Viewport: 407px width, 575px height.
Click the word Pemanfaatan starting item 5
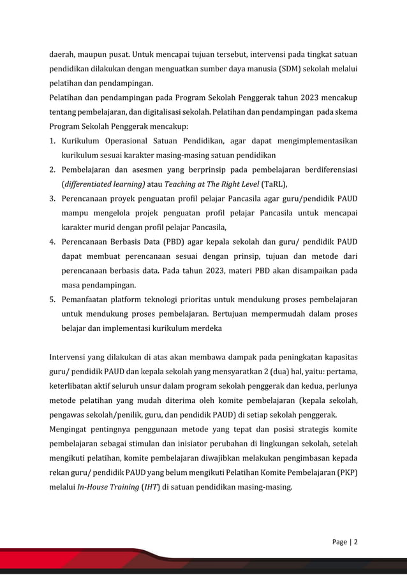pos(89,299)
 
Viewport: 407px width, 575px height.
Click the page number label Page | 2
pos(345,542)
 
